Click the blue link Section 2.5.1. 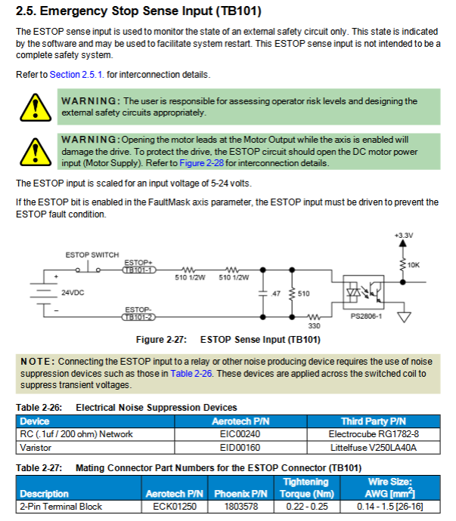pos(76,75)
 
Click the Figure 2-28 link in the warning pos(201,163)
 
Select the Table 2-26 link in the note pos(191,374)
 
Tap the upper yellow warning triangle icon pos(36,108)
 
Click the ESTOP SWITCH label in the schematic pos(92,255)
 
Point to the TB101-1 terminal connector pos(139,270)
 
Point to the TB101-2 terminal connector pos(139,317)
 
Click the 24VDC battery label pos(73,293)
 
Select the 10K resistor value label pos(414,265)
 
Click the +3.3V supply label pos(404,236)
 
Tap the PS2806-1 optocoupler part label pos(366,316)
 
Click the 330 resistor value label pos(314,326)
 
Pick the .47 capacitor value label pos(275,294)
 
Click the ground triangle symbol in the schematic pos(404,317)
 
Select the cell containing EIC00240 pos(240,434)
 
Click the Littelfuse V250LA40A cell pos(374,448)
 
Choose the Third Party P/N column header pos(374,421)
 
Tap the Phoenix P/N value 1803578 pos(241,507)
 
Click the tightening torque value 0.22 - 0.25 pos(307,507)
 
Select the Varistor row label pos(36,448)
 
